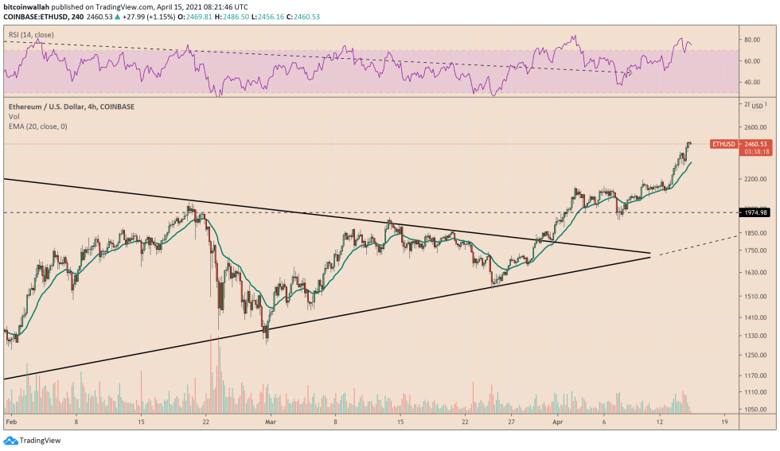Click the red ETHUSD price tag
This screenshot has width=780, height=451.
[x=723, y=144]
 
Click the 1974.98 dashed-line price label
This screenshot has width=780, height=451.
[x=755, y=212]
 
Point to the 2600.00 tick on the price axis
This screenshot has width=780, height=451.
[x=755, y=126]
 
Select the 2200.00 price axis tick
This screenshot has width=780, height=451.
[x=755, y=179]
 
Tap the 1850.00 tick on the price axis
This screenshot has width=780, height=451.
[x=755, y=233]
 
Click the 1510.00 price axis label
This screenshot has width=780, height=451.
[x=755, y=296]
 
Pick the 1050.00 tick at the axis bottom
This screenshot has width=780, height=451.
[x=755, y=409]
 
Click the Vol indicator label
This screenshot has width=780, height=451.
[x=14, y=115]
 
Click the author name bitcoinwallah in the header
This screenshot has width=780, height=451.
[x=27, y=5]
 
